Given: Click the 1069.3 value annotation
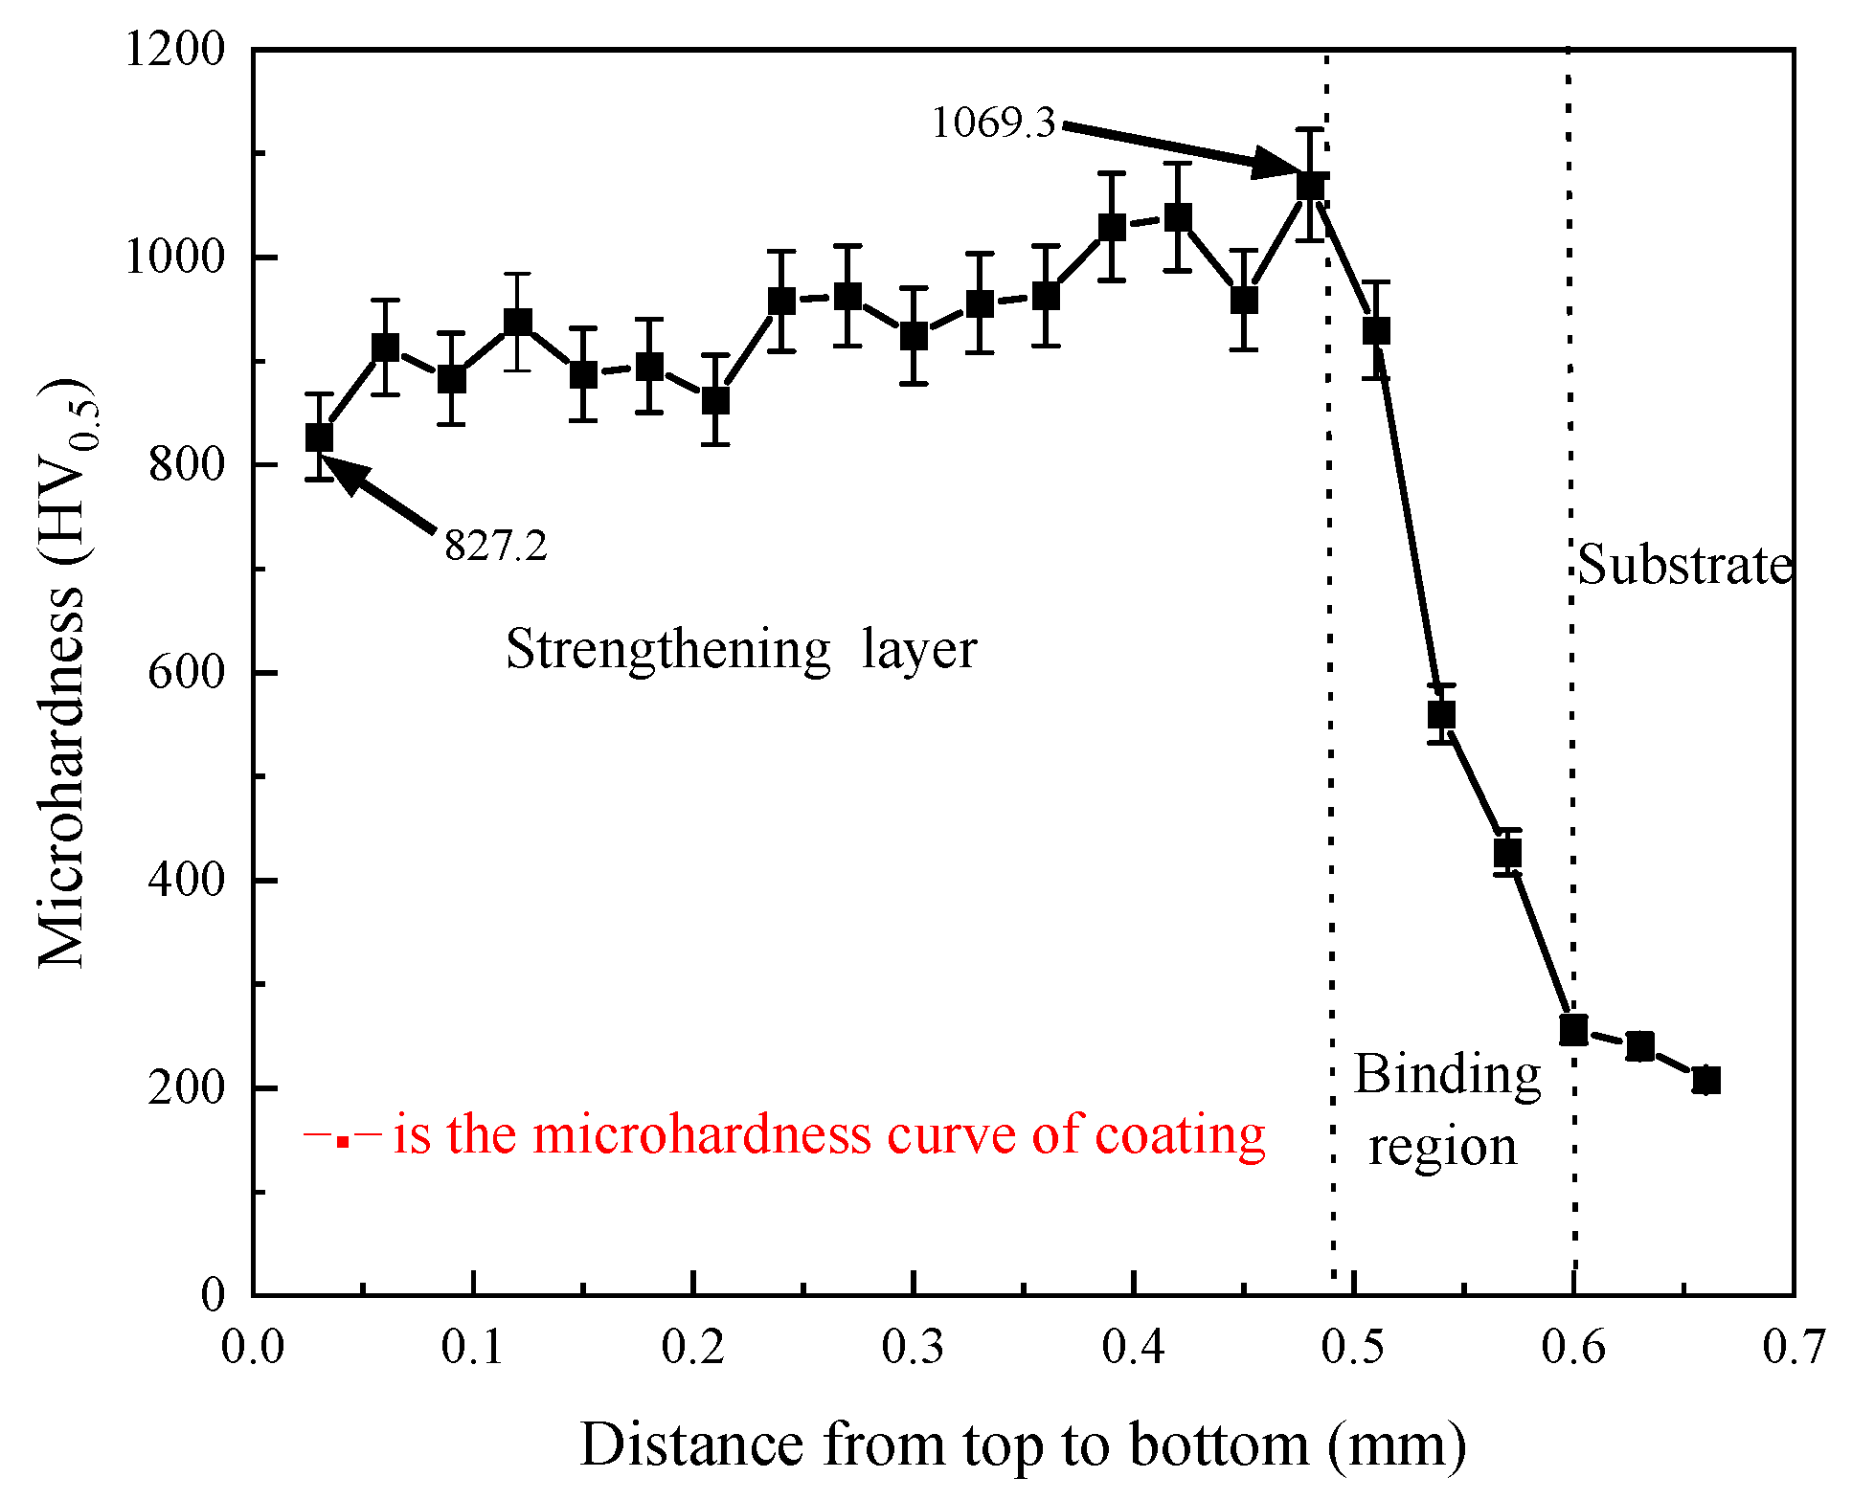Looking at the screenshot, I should coord(993,123).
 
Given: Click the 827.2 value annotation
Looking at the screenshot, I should coord(495,547).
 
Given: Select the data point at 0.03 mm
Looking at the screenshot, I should coord(319,437).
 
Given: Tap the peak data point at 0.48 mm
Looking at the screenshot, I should coord(1310,186).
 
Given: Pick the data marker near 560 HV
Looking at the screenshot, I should coord(1441,714).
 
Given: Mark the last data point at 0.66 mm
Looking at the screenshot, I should coord(1705,1081).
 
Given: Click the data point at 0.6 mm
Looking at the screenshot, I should coord(1573,1030).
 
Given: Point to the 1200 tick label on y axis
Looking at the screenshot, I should coord(174,49).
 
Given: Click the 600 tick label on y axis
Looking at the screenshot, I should coord(186,672).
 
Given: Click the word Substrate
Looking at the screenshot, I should coord(1683,565).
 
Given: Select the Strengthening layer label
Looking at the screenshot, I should coord(740,650).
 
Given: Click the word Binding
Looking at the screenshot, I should coord(1446,1075).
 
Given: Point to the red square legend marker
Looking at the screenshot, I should coord(342,1140).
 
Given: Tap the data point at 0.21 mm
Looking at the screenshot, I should coord(715,400).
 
